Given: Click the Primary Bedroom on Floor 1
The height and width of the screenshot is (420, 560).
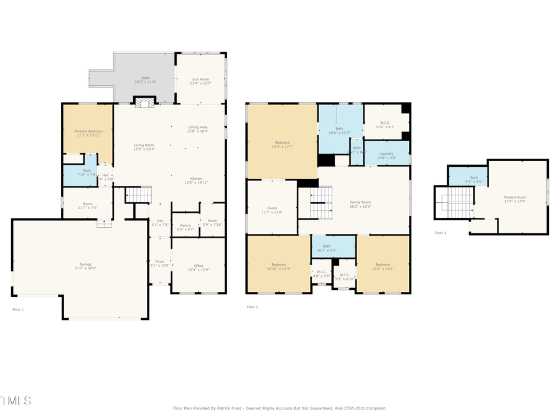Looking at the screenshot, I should click(x=89, y=133).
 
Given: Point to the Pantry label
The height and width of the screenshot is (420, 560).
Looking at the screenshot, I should click(x=185, y=227).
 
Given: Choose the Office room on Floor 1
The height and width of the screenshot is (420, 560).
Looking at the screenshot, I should click(x=198, y=268).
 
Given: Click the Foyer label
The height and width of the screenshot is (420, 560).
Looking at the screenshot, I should click(x=160, y=263).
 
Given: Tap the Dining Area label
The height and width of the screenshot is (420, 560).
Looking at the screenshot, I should click(x=198, y=129).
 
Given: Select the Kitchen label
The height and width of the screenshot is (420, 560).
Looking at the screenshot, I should click(x=197, y=180).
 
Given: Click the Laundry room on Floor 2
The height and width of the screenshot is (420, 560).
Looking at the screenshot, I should click(x=386, y=155).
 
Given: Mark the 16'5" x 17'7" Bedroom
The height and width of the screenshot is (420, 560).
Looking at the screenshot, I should click(x=283, y=145).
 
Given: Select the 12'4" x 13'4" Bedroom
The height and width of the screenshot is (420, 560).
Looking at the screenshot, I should click(x=383, y=266).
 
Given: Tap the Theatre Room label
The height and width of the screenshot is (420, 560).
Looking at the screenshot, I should click(x=515, y=199).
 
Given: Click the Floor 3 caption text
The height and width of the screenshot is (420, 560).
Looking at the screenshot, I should click(x=441, y=233).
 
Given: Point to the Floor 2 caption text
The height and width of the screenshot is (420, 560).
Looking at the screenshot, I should click(x=252, y=307).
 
